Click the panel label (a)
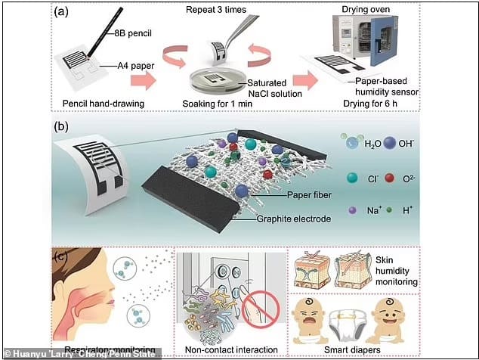[x=63, y=11]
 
